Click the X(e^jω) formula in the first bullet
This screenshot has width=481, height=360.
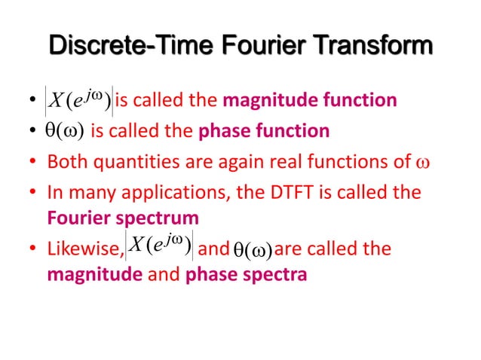[78, 99]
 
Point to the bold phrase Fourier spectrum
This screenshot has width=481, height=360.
[123, 218]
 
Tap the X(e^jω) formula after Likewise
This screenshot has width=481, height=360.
[161, 246]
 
